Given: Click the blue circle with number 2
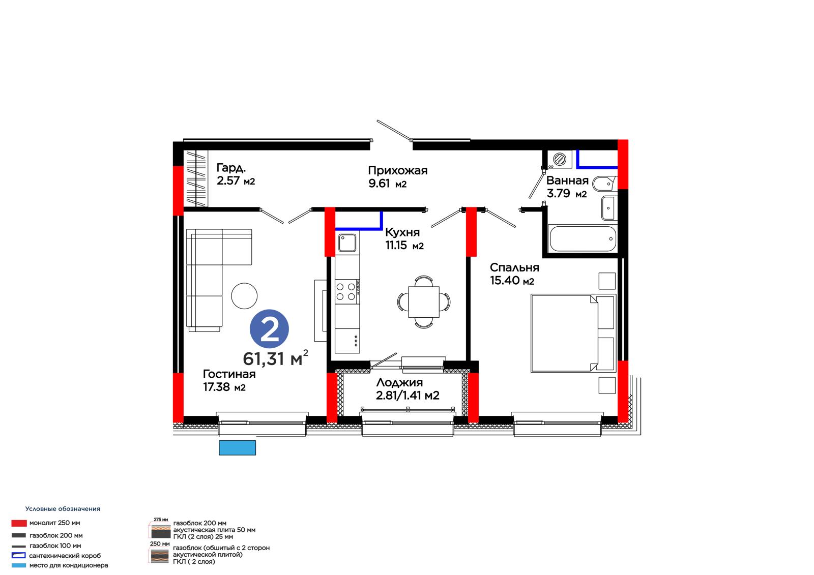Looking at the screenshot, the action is pyautogui.click(x=269, y=329).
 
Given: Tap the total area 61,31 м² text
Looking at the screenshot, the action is pyautogui.click(x=275, y=358).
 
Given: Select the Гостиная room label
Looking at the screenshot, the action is pyautogui.click(x=229, y=374).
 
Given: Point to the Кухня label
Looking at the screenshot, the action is pyautogui.click(x=402, y=232).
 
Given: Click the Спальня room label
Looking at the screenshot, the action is pyautogui.click(x=514, y=267).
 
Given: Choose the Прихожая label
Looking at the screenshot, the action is pyautogui.click(x=397, y=170).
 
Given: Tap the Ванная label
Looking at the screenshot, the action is pyautogui.click(x=567, y=180).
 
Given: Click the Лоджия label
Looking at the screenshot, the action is pyautogui.click(x=399, y=382).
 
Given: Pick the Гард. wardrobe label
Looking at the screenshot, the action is pyautogui.click(x=231, y=167).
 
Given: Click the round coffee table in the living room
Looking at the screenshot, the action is pyautogui.click(x=244, y=296).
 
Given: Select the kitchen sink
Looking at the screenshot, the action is pyautogui.click(x=347, y=243).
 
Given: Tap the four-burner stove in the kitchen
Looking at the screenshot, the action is pyautogui.click(x=346, y=292).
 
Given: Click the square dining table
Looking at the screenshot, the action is pyautogui.click(x=424, y=302).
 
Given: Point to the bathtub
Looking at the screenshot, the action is pyautogui.click(x=583, y=238).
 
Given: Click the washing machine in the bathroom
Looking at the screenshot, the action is pyautogui.click(x=560, y=159).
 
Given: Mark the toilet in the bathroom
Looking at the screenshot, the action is pyautogui.click(x=605, y=184).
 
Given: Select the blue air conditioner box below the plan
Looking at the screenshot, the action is pyautogui.click(x=237, y=447).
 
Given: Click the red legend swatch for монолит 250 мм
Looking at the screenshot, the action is pyautogui.click(x=19, y=523).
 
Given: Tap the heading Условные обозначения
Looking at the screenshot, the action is pyautogui.click(x=63, y=508).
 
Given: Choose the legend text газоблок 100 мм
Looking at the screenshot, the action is pyautogui.click(x=55, y=546).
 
